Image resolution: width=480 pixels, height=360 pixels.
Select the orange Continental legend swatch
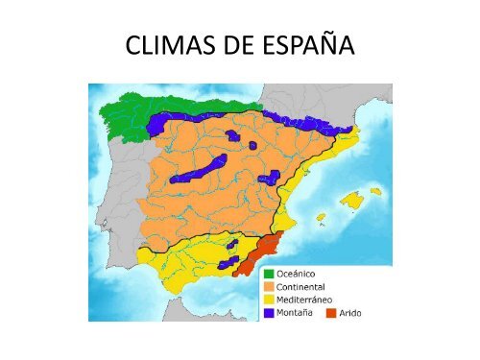click(x=271, y=287)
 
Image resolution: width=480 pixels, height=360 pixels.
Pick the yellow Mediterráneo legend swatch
click(x=271, y=300)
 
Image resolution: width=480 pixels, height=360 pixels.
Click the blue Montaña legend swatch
click(x=271, y=312)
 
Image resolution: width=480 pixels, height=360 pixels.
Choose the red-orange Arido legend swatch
click(x=331, y=312)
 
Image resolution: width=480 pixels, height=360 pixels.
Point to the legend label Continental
click(x=306, y=287)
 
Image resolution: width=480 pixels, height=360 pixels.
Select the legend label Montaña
click(x=300, y=312)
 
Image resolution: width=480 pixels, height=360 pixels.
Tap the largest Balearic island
click(x=348, y=203)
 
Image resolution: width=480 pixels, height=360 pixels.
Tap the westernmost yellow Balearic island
click(x=320, y=217)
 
